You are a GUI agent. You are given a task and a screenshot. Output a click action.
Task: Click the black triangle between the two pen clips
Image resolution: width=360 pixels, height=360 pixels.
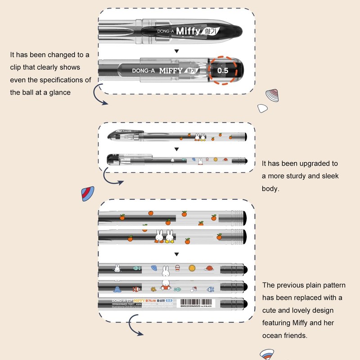tap(176, 51)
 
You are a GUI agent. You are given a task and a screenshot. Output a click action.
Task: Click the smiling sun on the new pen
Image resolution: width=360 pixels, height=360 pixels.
tap(192, 268)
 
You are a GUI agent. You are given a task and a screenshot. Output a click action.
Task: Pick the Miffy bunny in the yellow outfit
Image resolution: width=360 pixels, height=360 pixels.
tap(169, 236)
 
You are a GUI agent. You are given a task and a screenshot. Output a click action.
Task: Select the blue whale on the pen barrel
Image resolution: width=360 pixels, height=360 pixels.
tap(116, 289)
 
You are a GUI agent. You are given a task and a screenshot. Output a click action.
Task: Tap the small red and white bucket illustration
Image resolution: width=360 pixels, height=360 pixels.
tap(177, 269)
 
